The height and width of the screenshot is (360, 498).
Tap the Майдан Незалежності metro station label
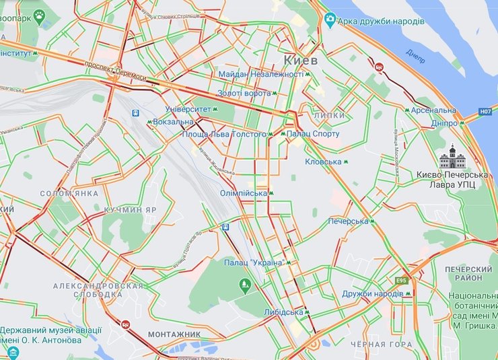coord(260,73)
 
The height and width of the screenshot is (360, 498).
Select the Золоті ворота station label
coord(243,93)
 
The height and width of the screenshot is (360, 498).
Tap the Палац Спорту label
coord(313,135)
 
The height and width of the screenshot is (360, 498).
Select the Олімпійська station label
coord(244,193)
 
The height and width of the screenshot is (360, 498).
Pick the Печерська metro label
coord(349,221)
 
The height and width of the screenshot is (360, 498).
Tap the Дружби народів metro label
coord(372,293)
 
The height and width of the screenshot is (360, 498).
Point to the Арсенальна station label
coord(433,110)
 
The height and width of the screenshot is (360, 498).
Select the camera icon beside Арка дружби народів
coord(330,20)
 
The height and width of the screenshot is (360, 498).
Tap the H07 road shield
coord(485,112)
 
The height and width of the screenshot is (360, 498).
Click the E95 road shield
coord(402,280)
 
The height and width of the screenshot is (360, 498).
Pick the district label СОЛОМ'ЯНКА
coord(69,193)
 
